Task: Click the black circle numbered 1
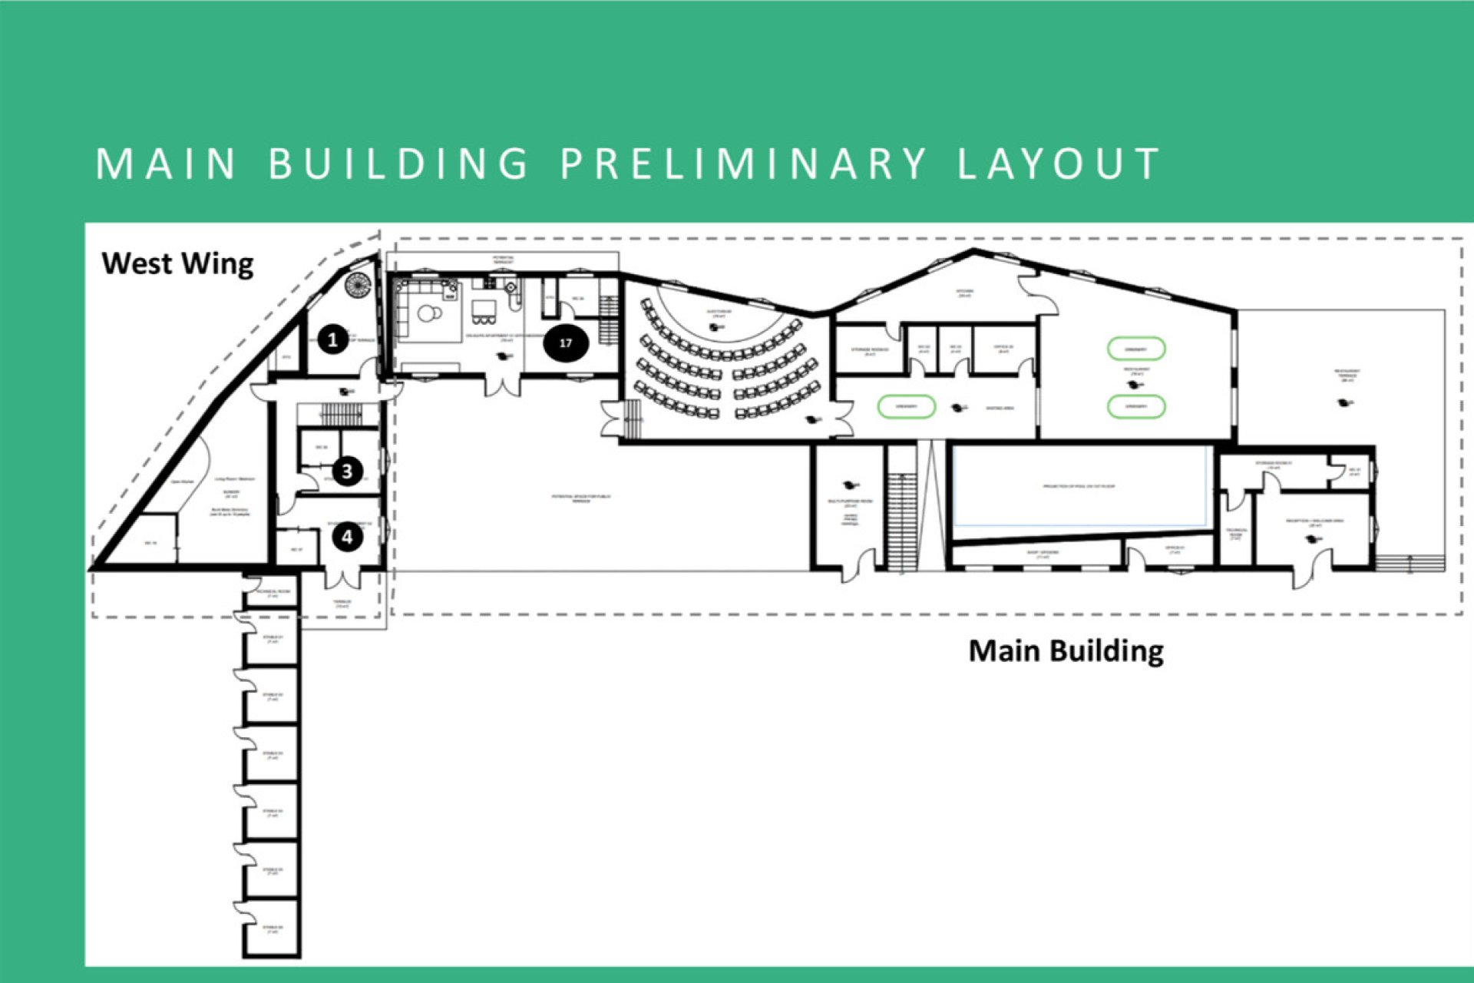pos(332,339)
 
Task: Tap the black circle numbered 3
pos(347,471)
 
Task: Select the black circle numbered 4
pos(347,537)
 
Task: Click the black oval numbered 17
pos(566,343)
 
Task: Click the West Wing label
pos(177,263)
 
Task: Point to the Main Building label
pos(1066,650)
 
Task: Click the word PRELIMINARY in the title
pos(743,164)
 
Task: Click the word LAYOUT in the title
pos(1059,164)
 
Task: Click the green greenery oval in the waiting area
pos(906,406)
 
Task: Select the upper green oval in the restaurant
pos(1136,349)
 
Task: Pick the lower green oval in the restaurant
pos(1136,406)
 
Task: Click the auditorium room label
pos(719,313)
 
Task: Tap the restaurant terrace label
pos(1347,375)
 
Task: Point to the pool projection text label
pos(1078,486)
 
